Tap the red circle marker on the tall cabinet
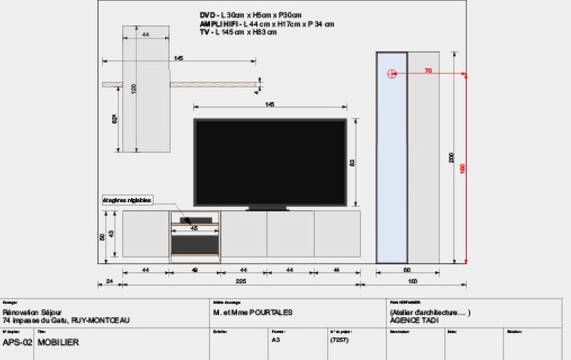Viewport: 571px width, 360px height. [391, 74]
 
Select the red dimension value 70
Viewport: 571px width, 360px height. [428, 71]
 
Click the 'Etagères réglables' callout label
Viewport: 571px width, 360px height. [128, 201]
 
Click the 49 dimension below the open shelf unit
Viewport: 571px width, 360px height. [195, 270]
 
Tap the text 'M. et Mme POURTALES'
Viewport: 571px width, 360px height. [253, 312]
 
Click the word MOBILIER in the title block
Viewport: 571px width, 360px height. [58, 342]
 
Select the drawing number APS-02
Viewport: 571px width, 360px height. [18, 342]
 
